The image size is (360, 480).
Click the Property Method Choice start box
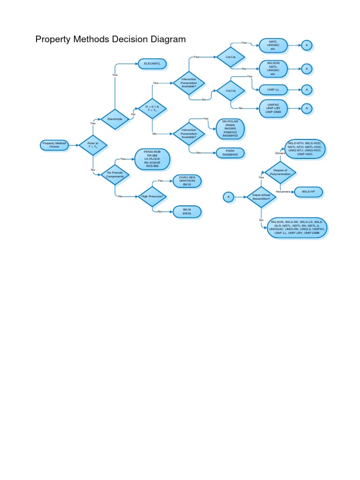(x=54, y=145)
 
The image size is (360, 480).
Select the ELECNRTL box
(x=152, y=64)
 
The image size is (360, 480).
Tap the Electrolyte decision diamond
(x=115, y=119)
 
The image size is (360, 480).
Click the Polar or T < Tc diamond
(x=93, y=145)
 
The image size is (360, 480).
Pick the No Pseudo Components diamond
(x=115, y=174)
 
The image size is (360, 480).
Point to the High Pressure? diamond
(x=152, y=196)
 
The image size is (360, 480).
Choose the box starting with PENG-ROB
(x=152, y=159)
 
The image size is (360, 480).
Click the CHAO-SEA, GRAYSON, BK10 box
(x=187, y=181)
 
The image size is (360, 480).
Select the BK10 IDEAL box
(x=187, y=212)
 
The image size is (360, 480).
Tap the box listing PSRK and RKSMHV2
(x=230, y=152)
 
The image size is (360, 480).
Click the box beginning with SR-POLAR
(x=230, y=128)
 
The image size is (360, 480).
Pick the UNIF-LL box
(x=273, y=89)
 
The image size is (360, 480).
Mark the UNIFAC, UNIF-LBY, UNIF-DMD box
(x=273, y=108)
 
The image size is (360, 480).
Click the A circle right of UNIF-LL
(x=307, y=89)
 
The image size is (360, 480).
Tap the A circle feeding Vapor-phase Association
(x=228, y=197)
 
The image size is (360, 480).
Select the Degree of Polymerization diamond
(x=280, y=173)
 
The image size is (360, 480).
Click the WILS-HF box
(x=307, y=192)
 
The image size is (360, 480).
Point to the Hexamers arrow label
(x=283, y=192)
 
